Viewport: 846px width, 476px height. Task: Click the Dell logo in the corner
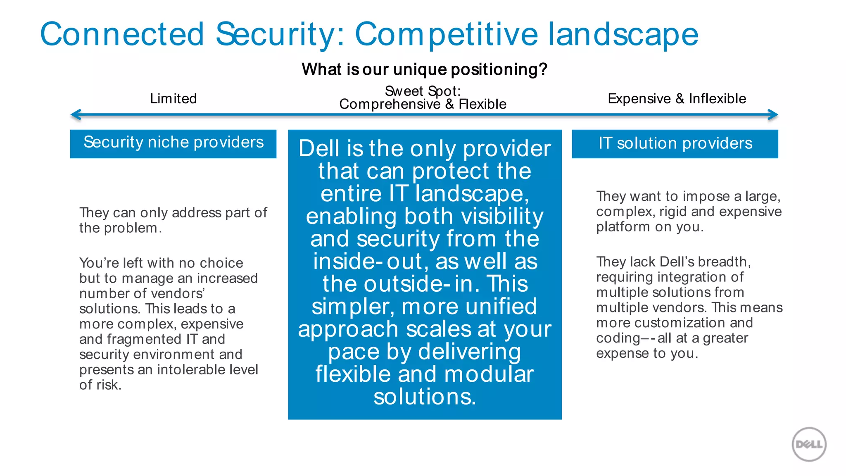(809, 444)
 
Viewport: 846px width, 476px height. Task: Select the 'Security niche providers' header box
(173, 143)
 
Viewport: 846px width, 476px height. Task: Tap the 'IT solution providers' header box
(675, 143)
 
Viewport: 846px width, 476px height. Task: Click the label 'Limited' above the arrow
(173, 99)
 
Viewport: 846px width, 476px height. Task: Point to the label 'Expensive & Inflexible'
(677, 99)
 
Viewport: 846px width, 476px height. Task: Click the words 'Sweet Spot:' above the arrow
(423, 91)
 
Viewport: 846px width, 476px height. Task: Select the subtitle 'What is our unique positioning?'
(424, 69)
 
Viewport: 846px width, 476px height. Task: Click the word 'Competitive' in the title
(446, 35)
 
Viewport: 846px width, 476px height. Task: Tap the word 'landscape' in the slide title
(623, 35)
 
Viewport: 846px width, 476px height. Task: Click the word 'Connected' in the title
(122, 34)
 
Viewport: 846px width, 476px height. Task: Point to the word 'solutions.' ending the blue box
(425, 397)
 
